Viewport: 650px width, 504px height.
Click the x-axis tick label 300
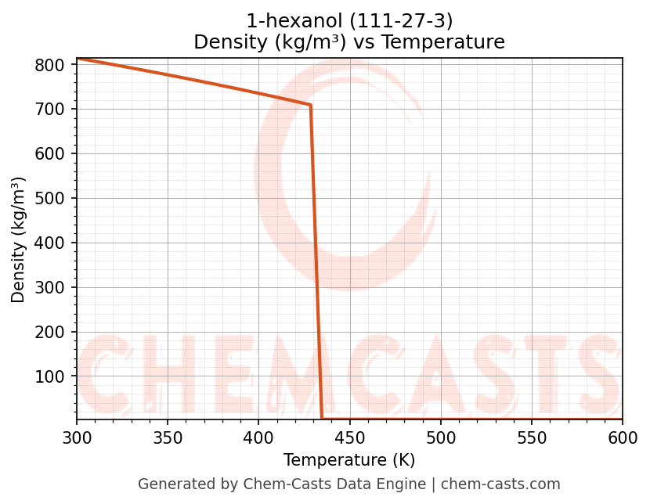77,437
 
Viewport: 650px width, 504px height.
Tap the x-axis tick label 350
168,437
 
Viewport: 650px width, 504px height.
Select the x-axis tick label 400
258,437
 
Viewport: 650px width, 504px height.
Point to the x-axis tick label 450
350,437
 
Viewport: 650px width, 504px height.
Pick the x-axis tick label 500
441,437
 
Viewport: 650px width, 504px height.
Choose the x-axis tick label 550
532,437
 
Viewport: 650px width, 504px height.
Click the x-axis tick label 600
623,437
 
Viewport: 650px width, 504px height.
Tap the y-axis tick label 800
49,65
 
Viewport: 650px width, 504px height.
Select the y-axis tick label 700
49,110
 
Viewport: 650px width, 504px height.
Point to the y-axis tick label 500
49,199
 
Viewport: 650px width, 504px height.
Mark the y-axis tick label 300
49,288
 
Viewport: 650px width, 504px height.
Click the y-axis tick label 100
49,377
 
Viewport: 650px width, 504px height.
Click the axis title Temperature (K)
349,460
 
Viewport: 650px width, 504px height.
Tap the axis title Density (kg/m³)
19,239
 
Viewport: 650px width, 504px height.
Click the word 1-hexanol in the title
284,21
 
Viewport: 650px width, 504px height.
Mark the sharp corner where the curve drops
311,105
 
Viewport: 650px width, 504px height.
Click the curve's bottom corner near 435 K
322,419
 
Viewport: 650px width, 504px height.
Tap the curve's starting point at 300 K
77,59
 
